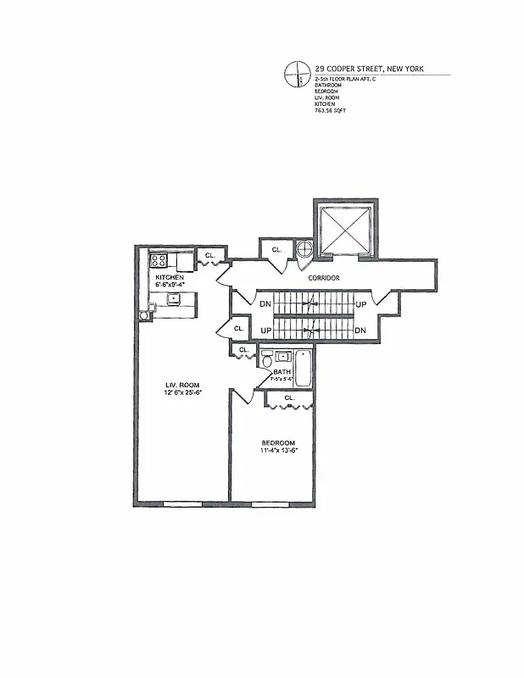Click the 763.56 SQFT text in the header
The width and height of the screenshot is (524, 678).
[x=331, y=111]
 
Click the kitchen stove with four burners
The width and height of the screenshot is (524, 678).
[x=160, y=262]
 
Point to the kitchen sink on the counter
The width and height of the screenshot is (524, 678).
[x=174, y=299]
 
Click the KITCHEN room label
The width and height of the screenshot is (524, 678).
[x=170, y=278]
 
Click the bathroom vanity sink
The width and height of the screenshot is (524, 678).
[x=282, y=357]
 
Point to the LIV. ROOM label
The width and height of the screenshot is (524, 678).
[x=181, y=386]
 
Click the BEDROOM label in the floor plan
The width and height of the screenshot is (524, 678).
[x=277, y=443]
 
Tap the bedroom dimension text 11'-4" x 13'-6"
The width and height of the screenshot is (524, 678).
[x=279, y=452]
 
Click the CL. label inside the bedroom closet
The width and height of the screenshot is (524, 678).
[x=289, y=397]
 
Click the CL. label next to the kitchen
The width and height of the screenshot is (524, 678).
[x=209, y=254]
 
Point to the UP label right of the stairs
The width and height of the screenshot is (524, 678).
[x=360, y=304]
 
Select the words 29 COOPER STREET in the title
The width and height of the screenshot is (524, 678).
[x=348, y=69]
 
